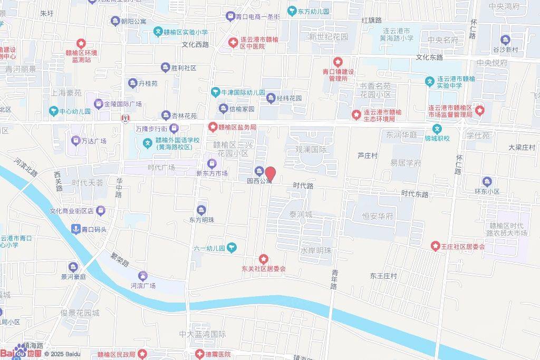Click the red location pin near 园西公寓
[271, 174]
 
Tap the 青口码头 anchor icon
[75, 229]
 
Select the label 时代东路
[414, 194]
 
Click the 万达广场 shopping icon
[75, 141]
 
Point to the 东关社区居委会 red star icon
[264, 259]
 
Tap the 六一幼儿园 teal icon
[232, 248]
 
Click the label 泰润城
[301, 215]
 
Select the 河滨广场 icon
[143, 276]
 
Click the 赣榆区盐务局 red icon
[213, 127]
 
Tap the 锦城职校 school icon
[437, 129]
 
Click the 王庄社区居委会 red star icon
[436, 246]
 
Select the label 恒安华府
[378, 216]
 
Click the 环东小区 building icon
[486, 182]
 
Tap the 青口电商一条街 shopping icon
[230, 16]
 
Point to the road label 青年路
[334, 279]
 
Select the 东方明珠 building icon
[201, 210]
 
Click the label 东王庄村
[383, 276]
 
